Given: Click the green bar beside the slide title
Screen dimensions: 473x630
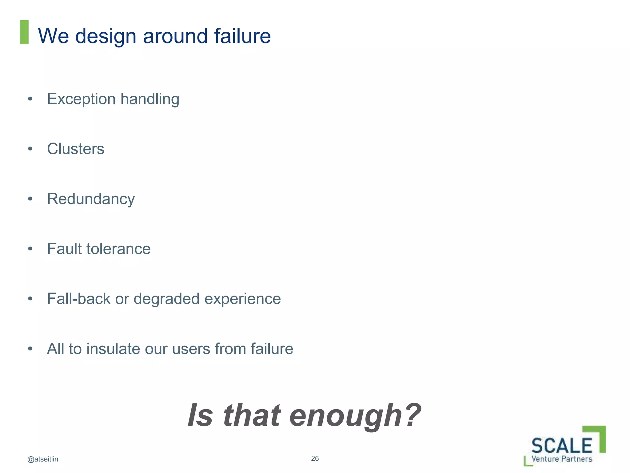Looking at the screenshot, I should (x=24, y=32).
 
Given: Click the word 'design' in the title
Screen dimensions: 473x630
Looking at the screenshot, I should (x=106, y=36).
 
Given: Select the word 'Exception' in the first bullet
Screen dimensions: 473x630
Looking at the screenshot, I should (x=81, y=99).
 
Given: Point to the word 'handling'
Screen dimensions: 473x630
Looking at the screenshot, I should (x=150, y=99).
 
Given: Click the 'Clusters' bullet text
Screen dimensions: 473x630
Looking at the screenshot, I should (x=76, y=149).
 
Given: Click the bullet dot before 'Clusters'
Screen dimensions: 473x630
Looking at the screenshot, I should (x=30, y=149).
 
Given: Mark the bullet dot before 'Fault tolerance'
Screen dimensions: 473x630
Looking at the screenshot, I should (x=30, y=249).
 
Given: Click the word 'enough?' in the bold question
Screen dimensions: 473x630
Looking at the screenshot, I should (x=355, y=416).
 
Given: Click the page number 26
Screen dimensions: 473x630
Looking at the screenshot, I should (x=315, y=459).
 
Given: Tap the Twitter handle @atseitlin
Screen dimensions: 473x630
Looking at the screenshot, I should (x=43, y=459).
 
